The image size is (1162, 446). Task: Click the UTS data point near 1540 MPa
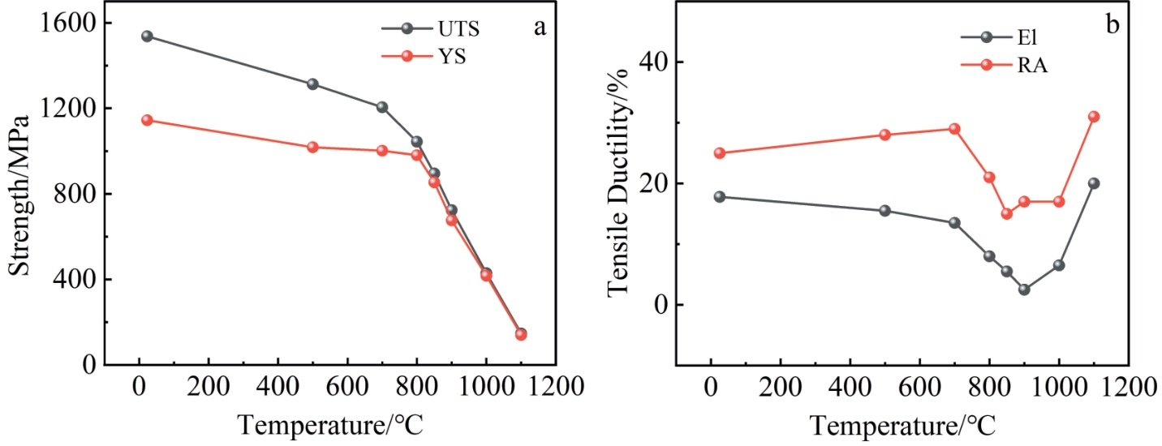click(x=147, y=36)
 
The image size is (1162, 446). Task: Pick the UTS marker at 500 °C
click(x=312, y=84)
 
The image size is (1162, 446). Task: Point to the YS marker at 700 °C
click(x=382, y=150)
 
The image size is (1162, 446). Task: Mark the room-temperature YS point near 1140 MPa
click(x=147, y=120)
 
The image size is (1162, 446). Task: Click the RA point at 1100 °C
click(x=1093, y=116)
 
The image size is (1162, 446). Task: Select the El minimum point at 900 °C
click(x=1024, y=289)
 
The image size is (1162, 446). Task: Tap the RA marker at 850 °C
click(x=1006, y=213)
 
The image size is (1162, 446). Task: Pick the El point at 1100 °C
click(x=1093, y=183)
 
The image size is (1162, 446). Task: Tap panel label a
click(x=539, y=27)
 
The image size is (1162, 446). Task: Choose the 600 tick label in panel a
click(x=347, y=387)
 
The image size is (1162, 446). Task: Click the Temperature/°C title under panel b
click(x=902, y=424)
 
